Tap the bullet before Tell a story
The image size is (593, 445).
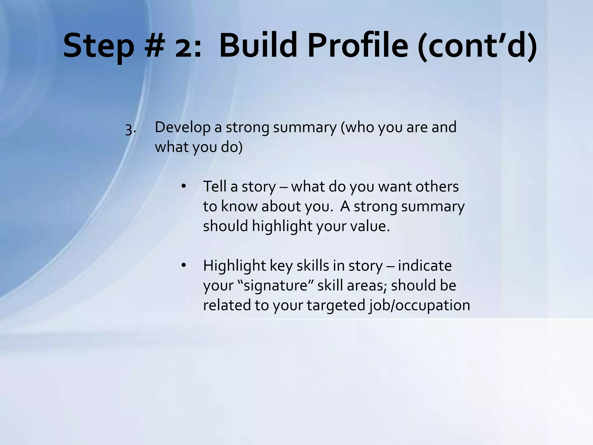pos(183,187)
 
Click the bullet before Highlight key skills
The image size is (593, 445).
pos(183,265)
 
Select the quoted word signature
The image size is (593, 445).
pos(275,286)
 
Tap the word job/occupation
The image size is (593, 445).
pos(420,305)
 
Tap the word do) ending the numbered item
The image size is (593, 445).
pos(231,147)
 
